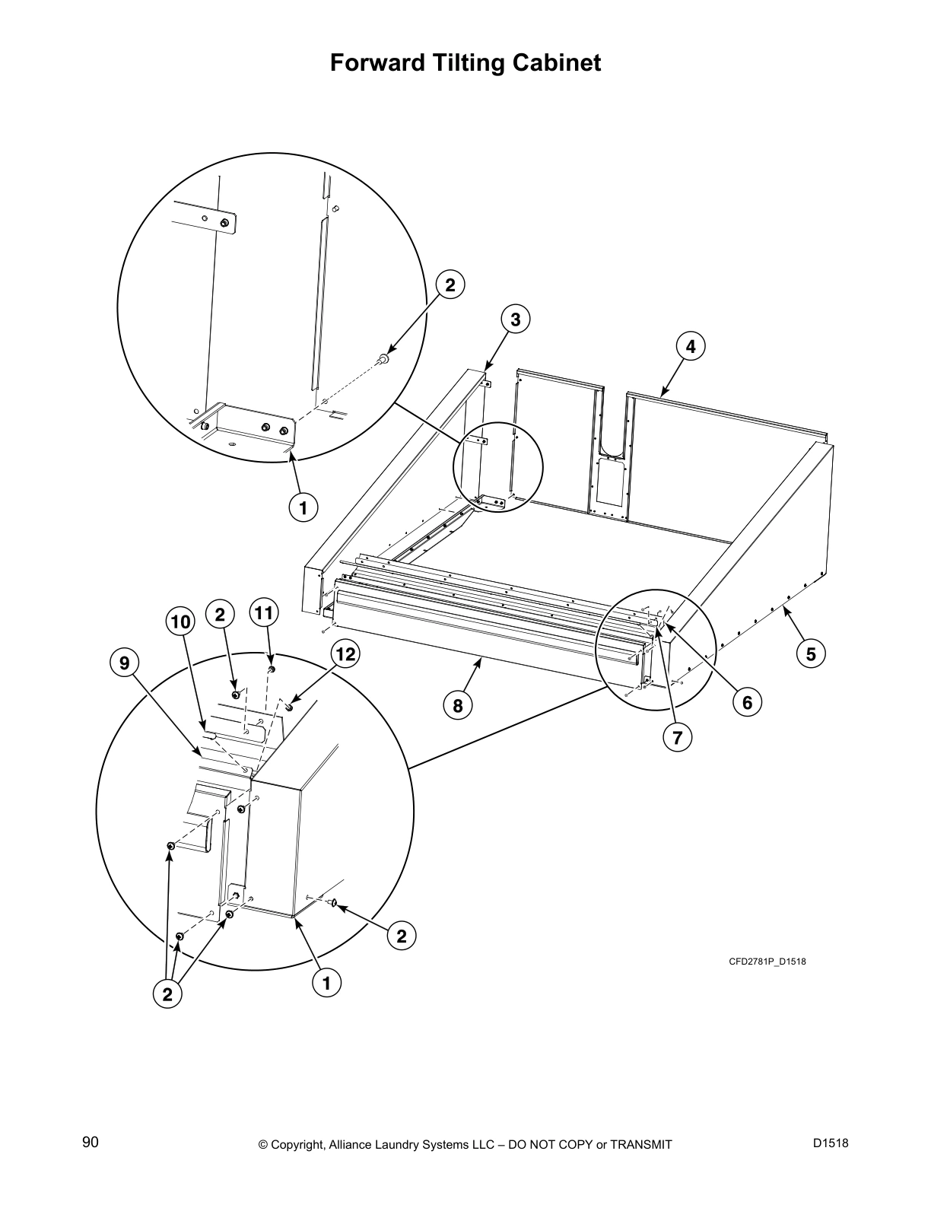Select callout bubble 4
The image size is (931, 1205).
point(690,347)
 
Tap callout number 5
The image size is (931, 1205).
point(811,653)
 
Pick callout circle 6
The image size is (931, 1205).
point(747,702)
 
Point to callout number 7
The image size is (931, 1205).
point(676,736)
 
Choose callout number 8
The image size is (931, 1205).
point(458,705)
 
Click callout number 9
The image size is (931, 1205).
point(124,663)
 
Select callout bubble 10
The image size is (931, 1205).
point(180,622)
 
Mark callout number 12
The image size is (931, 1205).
point(345,653)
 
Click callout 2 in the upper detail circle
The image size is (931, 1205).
point(450,285)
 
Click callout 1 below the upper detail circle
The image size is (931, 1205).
point(303,507)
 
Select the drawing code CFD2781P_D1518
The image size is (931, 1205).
point(767,962)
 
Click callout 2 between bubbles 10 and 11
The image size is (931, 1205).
point(220,613)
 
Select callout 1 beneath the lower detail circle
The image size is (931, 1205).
point(326,984)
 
